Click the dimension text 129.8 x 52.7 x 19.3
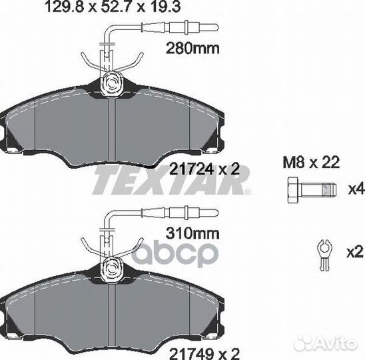[x=113, y=6]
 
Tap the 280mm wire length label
[x=192, y=49]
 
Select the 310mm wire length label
[x=192, y=233]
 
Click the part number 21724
[x=191, y=169]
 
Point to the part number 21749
[x=191, y=354]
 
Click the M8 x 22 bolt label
[x=311, y=162]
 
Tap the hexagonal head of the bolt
[x=293, y=190]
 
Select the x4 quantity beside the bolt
[x=356, y=189]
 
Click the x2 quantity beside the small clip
[x=355, y=252]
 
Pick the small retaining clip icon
[x=324, y=255]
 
